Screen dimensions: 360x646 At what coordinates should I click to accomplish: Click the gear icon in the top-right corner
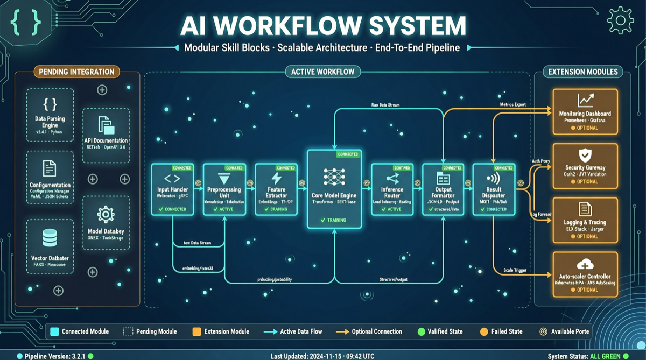pyautogui.click(x=620, y=20)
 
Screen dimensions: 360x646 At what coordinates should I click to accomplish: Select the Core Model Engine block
pyautogui.click(x=334, y=188)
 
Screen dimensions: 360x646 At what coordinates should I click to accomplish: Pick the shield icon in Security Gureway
pyautogui.click(x=585, y=156)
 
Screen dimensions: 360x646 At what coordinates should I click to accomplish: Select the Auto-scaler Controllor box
pyautogui.click(x=585, y=274)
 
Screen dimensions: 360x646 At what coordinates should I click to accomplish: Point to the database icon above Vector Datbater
pyautogui.click(x=50, y=237)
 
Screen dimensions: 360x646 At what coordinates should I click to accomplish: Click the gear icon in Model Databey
pyautogui.click(x=106, y=214)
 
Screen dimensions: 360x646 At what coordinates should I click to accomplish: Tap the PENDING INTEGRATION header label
pyautogui.click(x=76, y=72)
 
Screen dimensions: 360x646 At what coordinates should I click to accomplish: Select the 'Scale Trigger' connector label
pyautogui.click(x=515, y=270)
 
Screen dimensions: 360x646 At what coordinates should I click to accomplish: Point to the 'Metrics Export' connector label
pyautogui.click(x=512, y=104)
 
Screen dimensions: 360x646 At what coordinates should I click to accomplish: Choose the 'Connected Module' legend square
pyautogui.click(x=54, y=331)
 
